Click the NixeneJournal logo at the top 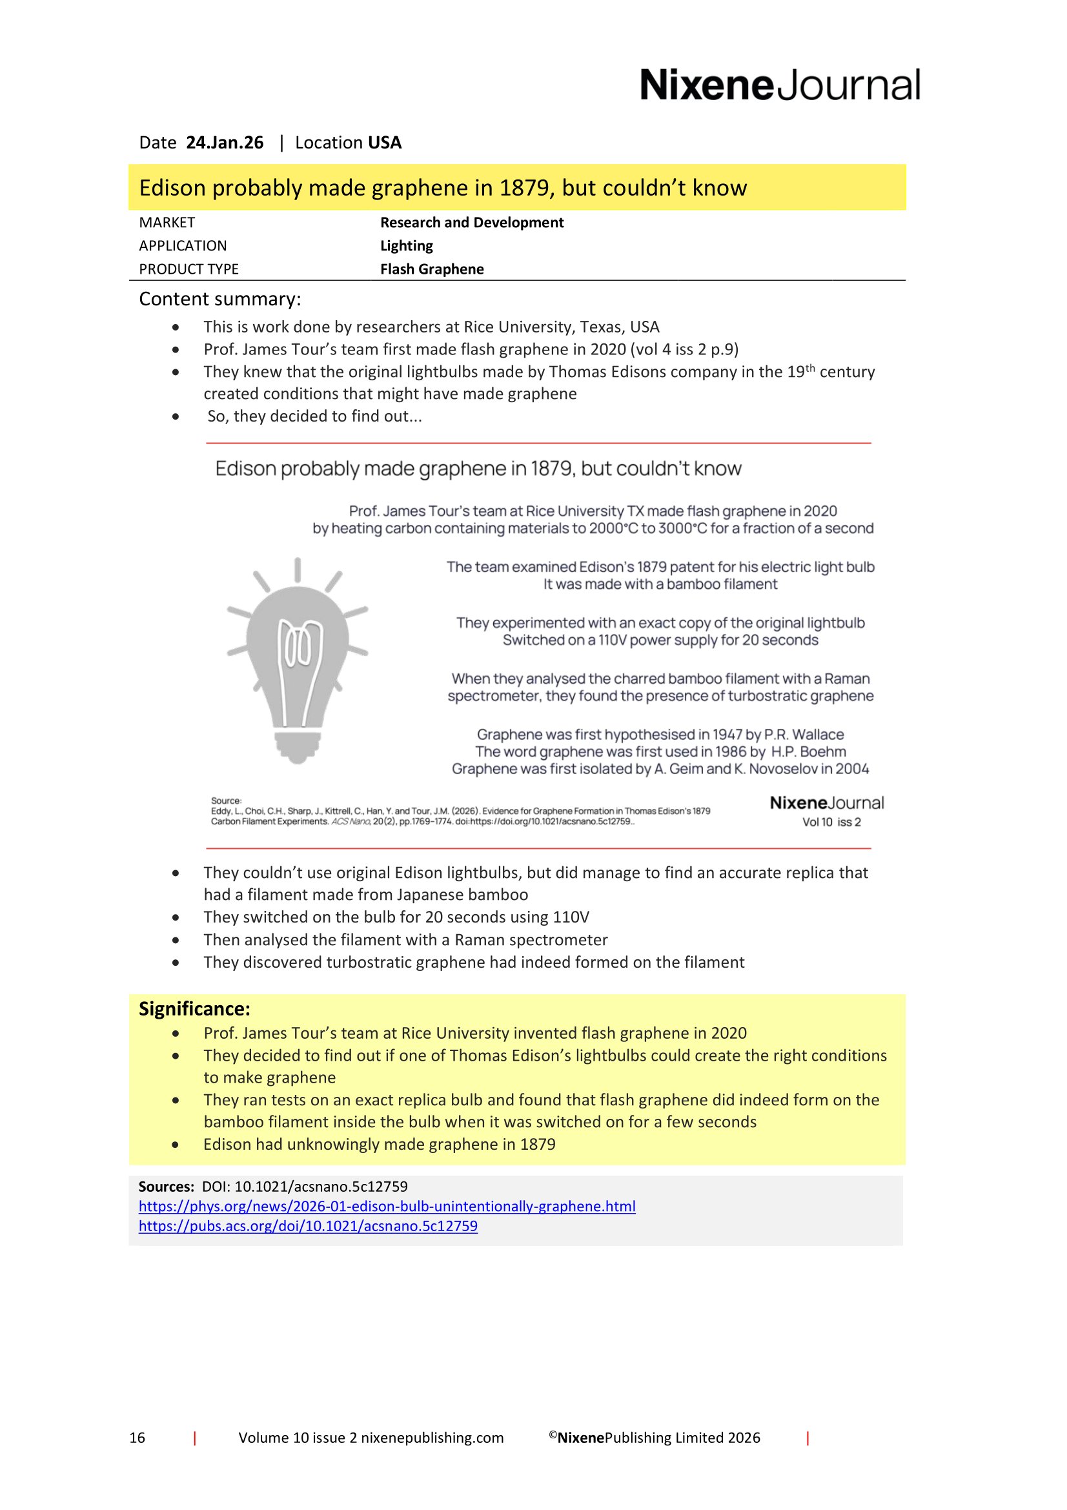click(780, 85)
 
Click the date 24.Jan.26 click(224, 143)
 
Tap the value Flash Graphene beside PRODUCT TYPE click(431, 269)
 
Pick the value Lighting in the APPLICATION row click(406, 246)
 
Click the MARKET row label click(167, 222)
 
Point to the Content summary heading click(219, 300)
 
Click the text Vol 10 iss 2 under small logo click(831, 822)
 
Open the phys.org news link click(387, 1206)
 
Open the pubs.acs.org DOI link click(308, 1226)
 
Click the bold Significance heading click(194, 1009)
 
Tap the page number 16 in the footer click(137, 1438)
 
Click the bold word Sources click(166, 1187)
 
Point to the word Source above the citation click(226, 801)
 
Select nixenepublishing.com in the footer click(432, 1438)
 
